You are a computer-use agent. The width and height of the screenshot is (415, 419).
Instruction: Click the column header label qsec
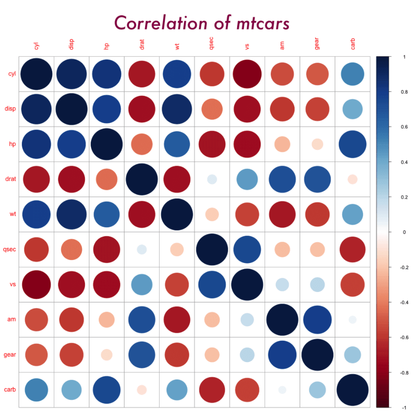212,44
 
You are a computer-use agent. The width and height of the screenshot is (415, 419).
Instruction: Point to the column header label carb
353,44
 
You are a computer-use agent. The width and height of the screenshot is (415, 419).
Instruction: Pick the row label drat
10,179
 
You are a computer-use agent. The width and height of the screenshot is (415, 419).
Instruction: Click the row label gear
10,355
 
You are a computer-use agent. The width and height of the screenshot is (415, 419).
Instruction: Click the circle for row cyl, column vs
247,74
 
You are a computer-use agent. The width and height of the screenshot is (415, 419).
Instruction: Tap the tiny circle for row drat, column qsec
212,179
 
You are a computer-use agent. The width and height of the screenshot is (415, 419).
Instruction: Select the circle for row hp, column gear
317,144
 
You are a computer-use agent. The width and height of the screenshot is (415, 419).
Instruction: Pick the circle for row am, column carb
353,320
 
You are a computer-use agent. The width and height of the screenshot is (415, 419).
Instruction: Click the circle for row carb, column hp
107,389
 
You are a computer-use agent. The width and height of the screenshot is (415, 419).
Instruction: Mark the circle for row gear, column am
282,355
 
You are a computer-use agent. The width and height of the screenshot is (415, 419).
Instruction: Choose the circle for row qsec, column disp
72,249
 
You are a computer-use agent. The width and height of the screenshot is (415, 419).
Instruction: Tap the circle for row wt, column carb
353,214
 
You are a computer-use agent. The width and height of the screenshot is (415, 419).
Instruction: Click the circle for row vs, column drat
142,284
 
